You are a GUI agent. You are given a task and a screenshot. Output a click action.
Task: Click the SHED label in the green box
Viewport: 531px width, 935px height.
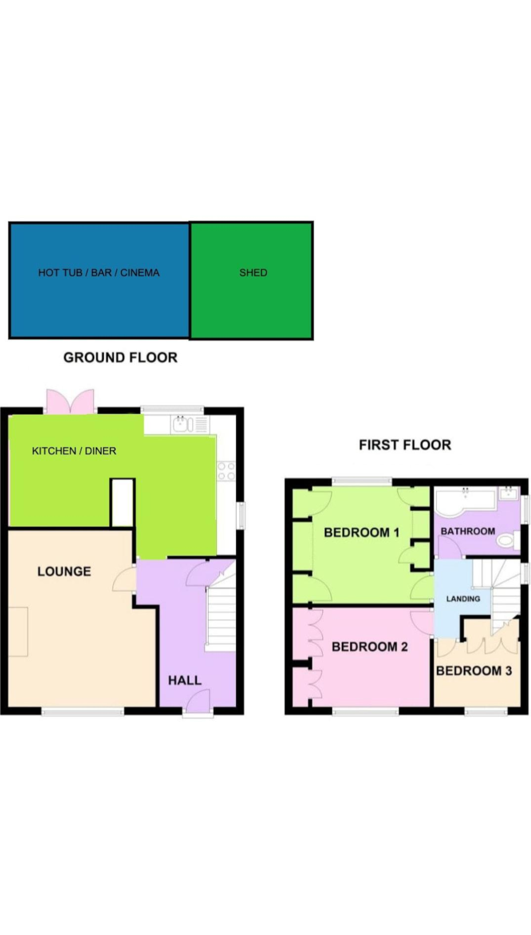[253, 273]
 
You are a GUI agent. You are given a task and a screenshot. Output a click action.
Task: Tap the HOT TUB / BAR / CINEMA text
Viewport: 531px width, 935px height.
[99, 273]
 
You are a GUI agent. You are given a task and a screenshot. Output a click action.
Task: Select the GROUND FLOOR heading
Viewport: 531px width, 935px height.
[120, 358]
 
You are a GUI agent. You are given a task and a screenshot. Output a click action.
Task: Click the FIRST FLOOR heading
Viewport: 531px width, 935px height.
[405, 445]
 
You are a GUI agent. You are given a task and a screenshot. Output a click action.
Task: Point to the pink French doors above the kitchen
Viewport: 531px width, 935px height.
[70, 401]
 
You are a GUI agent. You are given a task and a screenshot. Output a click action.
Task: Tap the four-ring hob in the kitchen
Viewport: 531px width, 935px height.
[226, 470]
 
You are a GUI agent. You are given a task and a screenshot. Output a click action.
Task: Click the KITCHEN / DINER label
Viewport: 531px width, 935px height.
[74, 451]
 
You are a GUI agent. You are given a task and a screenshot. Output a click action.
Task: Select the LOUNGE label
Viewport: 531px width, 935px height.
[64, 571]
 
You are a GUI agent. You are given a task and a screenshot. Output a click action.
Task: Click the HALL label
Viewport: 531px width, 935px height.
[185, 680]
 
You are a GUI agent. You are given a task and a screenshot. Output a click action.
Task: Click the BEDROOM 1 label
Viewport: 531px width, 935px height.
[361, 532]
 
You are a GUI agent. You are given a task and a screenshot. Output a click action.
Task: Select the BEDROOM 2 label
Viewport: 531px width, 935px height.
[369, 647]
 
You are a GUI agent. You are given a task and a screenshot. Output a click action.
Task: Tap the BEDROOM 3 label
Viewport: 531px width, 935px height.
[473, 671]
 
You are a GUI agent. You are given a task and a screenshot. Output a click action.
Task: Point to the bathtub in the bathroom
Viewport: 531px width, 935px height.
[465, 501]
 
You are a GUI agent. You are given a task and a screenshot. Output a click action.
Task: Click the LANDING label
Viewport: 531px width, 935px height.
[463, 599]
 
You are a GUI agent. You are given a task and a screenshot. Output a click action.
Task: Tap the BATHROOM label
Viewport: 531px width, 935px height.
[468, 531]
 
